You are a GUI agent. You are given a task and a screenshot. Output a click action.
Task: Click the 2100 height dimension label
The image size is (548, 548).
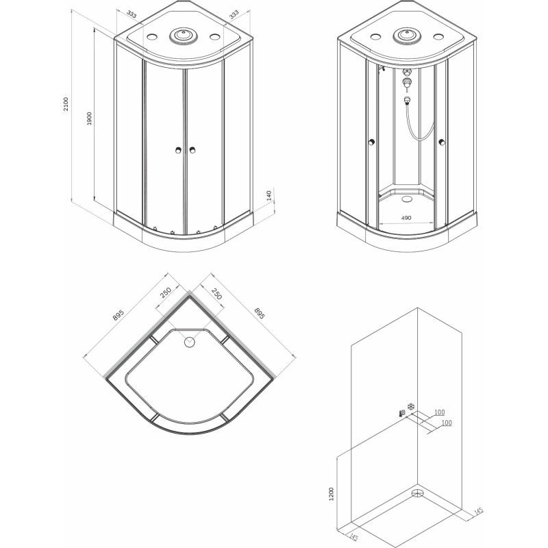[x=66, y=104]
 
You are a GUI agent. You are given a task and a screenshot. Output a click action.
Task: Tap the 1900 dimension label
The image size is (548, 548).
[x=89, y=119]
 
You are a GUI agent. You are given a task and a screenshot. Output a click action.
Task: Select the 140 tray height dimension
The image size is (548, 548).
[x=269, y=195]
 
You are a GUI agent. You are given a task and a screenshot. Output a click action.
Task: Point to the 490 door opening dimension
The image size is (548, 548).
[x=406, y=218]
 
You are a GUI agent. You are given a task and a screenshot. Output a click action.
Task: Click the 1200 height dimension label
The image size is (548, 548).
[x=332, y=494]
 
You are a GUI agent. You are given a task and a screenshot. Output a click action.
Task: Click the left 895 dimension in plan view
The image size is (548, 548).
[x=119, y=314]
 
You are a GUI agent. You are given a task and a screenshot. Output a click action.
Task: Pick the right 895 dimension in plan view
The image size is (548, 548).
[x=260, y=313]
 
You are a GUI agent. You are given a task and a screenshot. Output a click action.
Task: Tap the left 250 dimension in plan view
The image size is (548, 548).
[x=166, y=292]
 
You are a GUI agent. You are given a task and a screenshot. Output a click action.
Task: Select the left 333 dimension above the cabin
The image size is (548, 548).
[x=132, y=14]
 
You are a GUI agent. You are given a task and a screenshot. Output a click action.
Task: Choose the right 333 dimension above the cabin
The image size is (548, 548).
[x=234, y=14]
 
